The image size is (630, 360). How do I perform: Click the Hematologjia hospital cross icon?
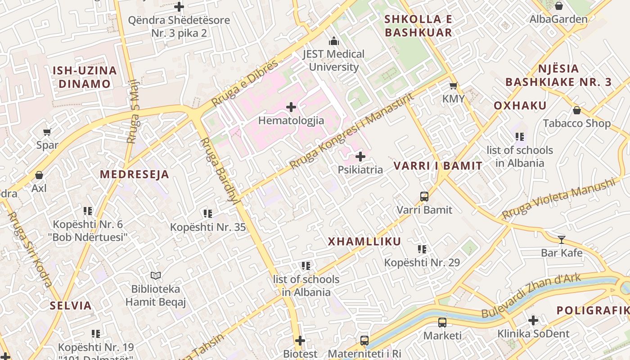point(291,107)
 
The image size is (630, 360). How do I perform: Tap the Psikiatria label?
point(360,170)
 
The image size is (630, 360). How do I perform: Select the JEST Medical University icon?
point(333,41)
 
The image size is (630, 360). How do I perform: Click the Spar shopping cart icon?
point(47,132)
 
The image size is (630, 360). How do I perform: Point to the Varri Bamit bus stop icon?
point(424,196)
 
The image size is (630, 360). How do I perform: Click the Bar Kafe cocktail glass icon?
point(561,239)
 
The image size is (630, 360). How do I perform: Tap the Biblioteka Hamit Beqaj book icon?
point(156,275)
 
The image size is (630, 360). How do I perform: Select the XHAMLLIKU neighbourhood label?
point(364,242)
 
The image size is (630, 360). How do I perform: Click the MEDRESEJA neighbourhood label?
point(135,175)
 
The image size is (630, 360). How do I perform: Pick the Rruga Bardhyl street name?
point(219,171)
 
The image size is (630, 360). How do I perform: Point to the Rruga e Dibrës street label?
point(244,83)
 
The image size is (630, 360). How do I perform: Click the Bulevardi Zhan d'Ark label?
point(531,296)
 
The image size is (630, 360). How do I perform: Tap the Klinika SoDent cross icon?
point(533,320)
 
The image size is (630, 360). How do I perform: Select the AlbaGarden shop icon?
point(558,6)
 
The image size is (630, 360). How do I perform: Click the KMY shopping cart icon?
point(453,85)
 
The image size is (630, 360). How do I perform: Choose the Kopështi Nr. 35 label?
point(208,227)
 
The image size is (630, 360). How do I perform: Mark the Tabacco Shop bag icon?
point(576,110)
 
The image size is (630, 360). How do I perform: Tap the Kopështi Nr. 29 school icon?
point(422,249)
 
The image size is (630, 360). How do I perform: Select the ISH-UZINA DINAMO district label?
point(85,77)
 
